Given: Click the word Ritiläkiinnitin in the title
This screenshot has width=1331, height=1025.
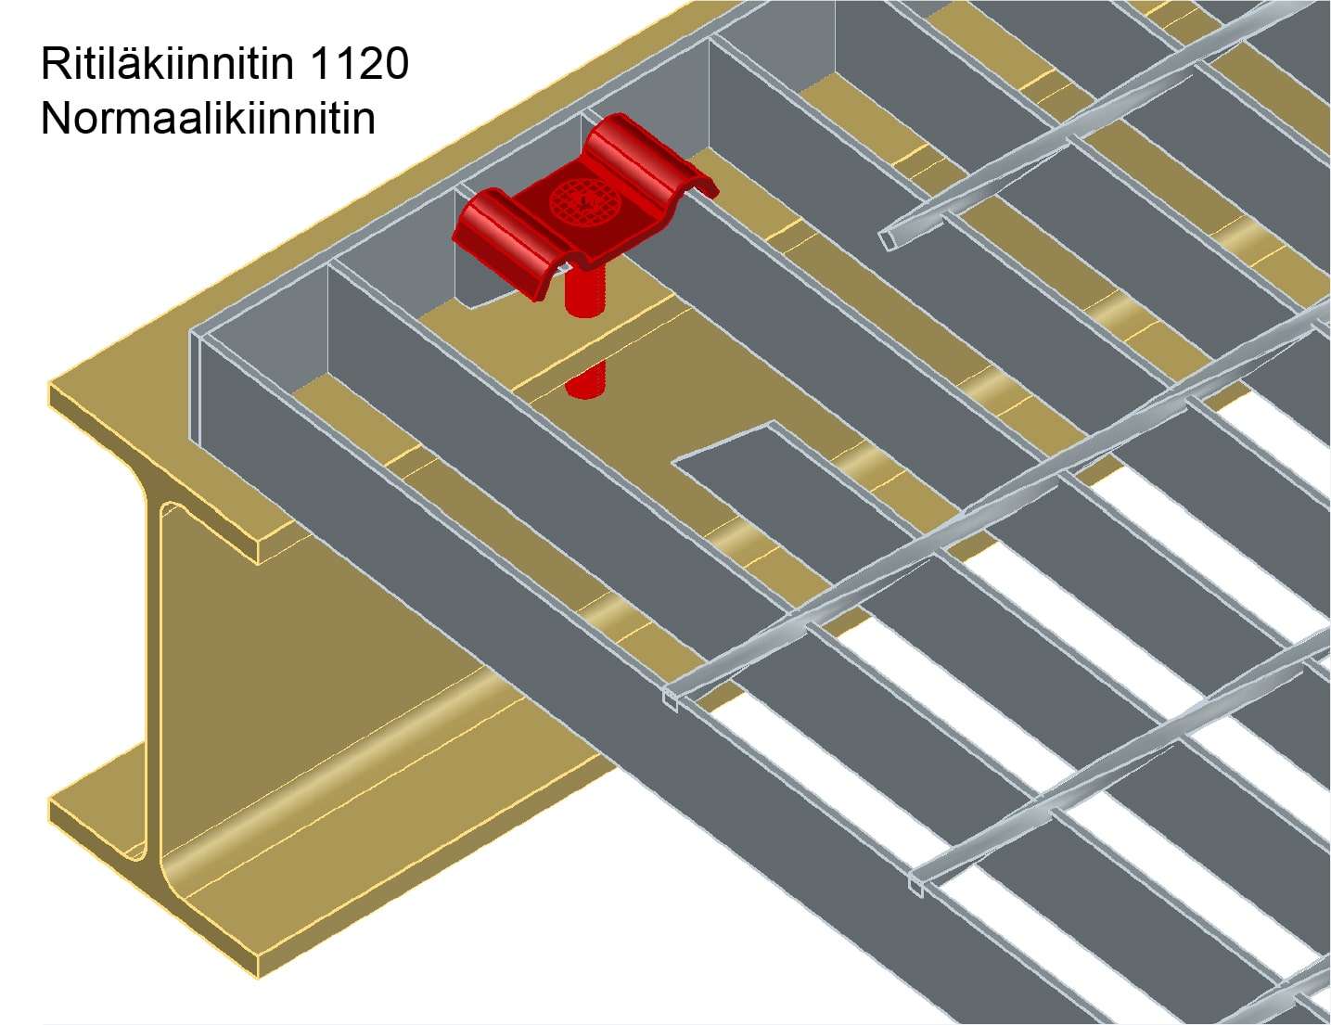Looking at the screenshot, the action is coord(167,63).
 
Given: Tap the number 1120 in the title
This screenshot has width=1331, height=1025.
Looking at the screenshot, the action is coord(360,63).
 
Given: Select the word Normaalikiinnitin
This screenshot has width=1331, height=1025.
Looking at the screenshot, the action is coord(208,118).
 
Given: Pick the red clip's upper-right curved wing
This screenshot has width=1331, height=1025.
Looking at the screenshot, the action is coord(649,156).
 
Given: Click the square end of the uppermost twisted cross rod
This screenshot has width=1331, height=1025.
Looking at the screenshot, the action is coord(888,240).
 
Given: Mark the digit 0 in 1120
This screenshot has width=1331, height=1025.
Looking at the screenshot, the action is coord(396,63).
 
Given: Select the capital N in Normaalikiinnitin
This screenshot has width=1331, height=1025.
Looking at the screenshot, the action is coord(56,118).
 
